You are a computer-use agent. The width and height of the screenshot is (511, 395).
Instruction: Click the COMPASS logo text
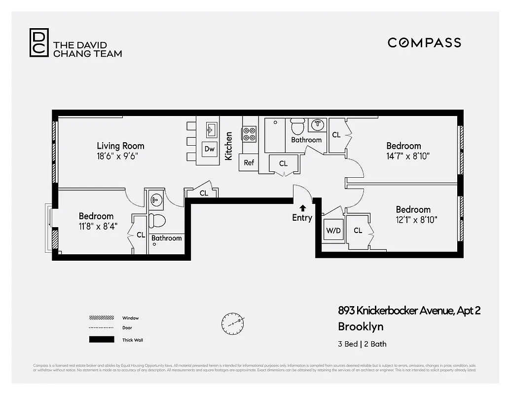(x=424, y=42)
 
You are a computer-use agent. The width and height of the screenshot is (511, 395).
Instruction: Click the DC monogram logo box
(x=39, y=42)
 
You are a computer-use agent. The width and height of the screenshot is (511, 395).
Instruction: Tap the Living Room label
(x=120, y=146)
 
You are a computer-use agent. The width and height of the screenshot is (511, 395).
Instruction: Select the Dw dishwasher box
(x=209, y=149)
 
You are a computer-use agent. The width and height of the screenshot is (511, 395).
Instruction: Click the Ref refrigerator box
(x=249, y=162)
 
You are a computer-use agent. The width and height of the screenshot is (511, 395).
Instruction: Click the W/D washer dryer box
(x=333, y=231)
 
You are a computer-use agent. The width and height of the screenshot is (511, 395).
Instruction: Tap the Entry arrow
(x=302, y=208)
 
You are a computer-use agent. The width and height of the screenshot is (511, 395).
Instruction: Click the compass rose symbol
(x=233, y=323)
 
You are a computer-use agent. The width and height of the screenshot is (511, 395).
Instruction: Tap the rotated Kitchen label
(x=229, y=146)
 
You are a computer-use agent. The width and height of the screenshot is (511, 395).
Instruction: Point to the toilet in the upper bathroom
(x=297, y=126)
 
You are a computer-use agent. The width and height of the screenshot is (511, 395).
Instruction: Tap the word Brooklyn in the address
(x=360, y=326)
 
